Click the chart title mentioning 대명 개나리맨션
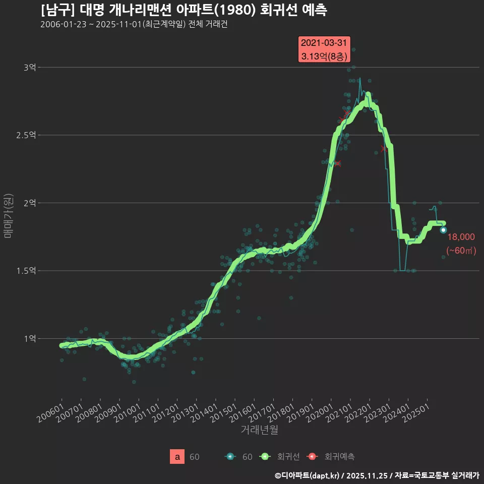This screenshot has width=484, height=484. [184, 10]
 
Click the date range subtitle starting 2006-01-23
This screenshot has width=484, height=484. [134, 25]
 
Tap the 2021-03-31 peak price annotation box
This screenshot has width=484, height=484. [325, 50]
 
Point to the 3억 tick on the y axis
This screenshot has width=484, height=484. [29, 67]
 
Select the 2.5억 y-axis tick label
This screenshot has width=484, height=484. [26, 135]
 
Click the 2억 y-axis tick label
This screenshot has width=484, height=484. [29, 203]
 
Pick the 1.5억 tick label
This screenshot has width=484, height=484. [26, 271]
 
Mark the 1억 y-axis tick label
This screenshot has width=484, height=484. [29, 338]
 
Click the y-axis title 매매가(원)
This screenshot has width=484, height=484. [8, 215]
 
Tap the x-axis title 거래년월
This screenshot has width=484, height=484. [259, 430]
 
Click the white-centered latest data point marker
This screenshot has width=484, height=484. [443, 230]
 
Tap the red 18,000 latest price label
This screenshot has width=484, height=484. [461, 237]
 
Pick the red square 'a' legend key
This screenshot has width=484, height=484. [177, 457]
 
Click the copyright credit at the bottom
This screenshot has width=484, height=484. [377, 475]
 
